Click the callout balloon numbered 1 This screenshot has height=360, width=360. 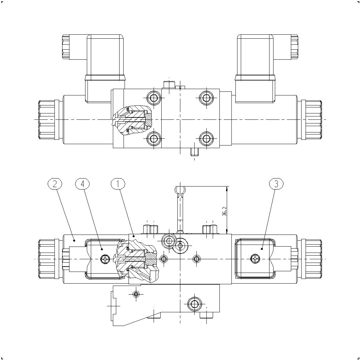pos(118,184)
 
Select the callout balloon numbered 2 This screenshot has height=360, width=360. pos(55,184)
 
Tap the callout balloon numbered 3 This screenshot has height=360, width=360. pos(276,184)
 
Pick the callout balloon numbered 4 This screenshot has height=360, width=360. pos(82,184)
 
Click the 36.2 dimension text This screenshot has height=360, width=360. pos(224,211)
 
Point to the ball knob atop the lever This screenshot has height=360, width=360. pos(180,190)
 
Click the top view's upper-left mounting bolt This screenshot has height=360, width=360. pos(154,98)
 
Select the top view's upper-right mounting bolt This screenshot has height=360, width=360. pos(206,98)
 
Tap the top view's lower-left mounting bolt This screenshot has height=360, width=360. pos(154,139)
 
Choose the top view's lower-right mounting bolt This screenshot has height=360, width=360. pos(206,139)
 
